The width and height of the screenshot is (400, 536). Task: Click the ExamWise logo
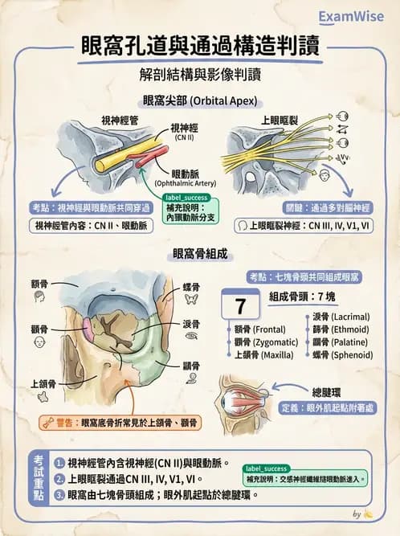[351, 15]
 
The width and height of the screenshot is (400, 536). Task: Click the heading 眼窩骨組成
[199, 254]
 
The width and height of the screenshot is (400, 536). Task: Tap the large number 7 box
[240, 306]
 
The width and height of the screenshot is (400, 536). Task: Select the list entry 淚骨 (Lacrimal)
[337, 317]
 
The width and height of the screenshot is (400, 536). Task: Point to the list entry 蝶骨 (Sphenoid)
[337, 354]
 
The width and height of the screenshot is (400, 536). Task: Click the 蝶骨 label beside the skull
[192, 285]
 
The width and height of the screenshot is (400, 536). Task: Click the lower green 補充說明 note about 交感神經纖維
[304, 474]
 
